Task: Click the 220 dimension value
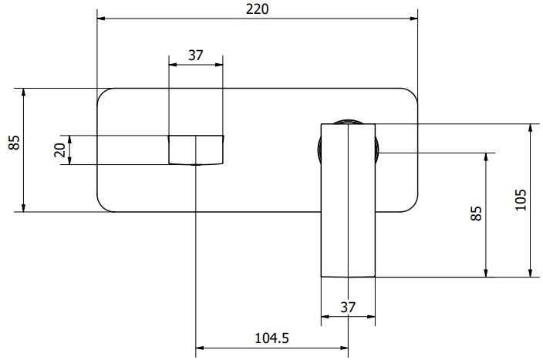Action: coord(257,9)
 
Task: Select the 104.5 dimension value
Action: coord(271,338)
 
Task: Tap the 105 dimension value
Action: coord(521,200)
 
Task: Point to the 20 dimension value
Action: coord(60,150)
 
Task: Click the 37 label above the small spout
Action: coord(196,55)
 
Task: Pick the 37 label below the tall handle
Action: coord(348,307)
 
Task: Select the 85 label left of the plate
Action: coord(14,143)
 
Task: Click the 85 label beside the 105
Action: coord(476,214)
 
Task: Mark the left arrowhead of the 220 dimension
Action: coord(102,19)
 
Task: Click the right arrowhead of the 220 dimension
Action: coord(413,19)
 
